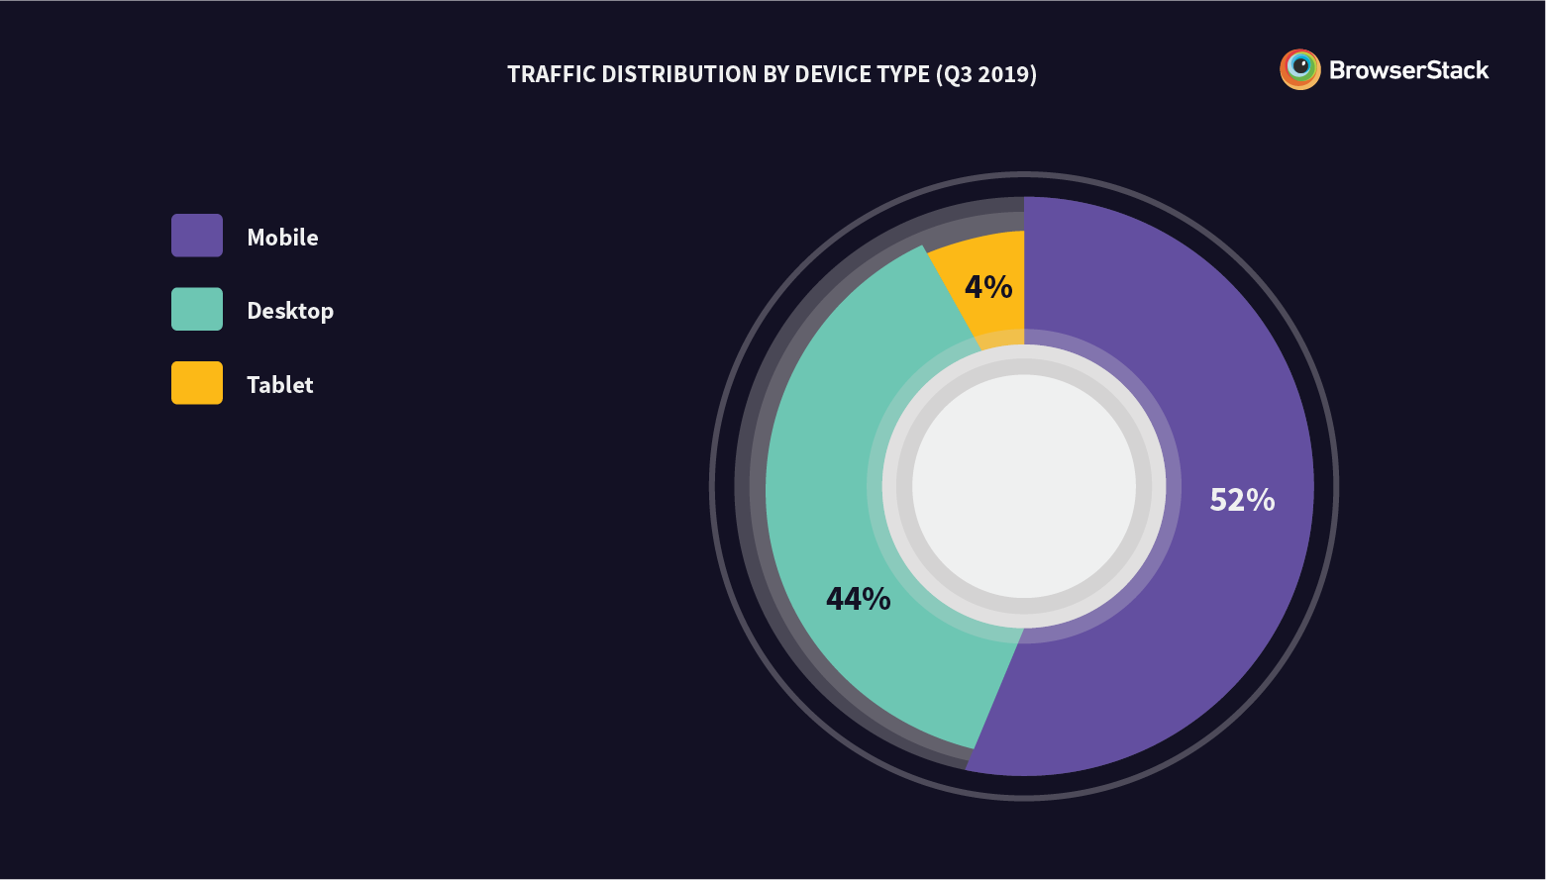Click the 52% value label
point(1242,500)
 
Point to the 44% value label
point(858,599)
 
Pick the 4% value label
point(988,287)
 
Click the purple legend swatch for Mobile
point(197,236)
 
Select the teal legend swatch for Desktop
point(197,309)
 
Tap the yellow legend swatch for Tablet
point(197,383)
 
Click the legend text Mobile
point(282,238)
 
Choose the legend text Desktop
point(290,311)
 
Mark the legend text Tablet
point(279,385)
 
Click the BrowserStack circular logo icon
point(1299,69)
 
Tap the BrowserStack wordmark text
point(1408,70)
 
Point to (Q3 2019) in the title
point(985,75)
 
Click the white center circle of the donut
point(1024,486)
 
